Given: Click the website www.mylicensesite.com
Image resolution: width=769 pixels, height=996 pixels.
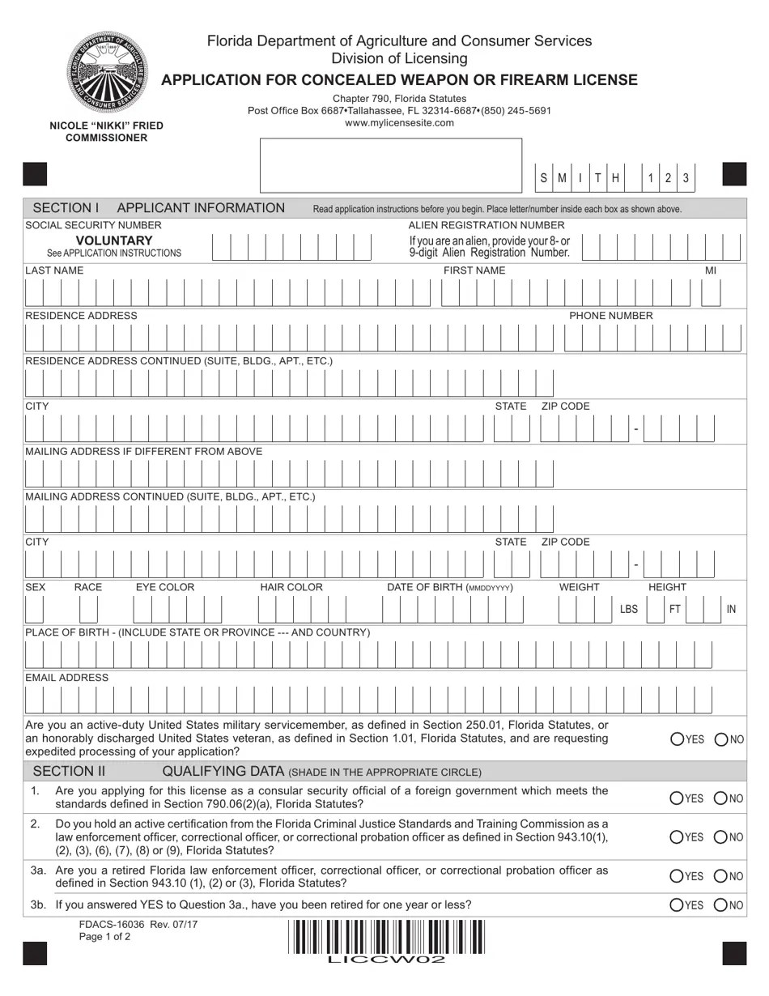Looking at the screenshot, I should tap(399, 123).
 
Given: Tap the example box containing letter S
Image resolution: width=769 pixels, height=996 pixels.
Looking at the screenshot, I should tap(543, 178).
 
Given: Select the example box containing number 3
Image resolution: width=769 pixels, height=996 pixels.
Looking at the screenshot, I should tap(686, 178).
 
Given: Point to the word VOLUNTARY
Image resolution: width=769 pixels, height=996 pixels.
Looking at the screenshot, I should tap(114, 240).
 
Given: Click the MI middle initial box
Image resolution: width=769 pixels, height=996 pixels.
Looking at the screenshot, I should tap(711, 292).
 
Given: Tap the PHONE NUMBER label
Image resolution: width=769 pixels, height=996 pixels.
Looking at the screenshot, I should tap(610, 316).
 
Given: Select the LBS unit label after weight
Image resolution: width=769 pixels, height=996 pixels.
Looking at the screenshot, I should tap(629, 609).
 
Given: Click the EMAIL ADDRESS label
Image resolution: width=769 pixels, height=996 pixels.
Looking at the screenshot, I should tap(67, 678).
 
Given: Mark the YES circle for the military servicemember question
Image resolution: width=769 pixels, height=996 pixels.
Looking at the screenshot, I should tap(678, 739).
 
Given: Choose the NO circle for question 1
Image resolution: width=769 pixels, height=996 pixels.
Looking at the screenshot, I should tap(720, 798).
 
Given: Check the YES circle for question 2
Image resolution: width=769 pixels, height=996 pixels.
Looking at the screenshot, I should tap(678, 837).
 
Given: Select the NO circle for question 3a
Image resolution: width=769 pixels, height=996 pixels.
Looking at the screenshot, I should tap(720, 876).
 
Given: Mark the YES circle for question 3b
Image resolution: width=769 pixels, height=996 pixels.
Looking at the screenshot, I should tap(678, 905).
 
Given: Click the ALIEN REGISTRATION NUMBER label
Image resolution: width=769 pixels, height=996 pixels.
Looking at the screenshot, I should tap(486, 225).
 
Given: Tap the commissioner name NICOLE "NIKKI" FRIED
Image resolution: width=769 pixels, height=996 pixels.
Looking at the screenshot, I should tap(106, 126).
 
